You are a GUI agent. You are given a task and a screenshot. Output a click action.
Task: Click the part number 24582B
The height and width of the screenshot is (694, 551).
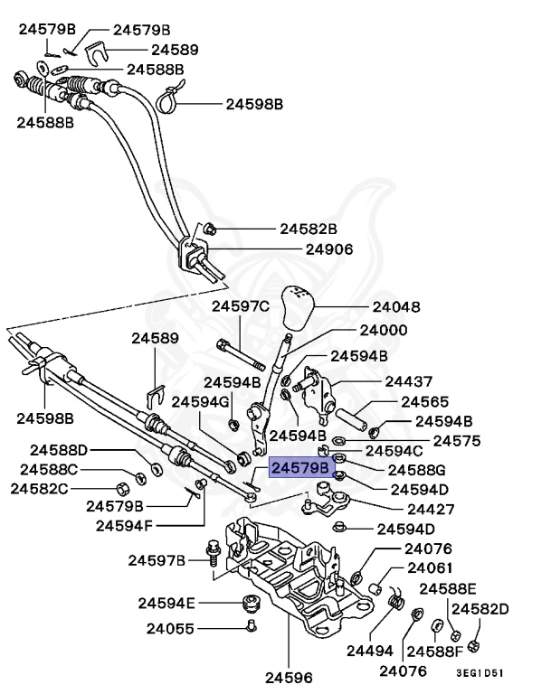click(x=307, y=229)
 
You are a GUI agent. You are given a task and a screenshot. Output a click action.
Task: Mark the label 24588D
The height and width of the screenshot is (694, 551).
click(x=59, y=449)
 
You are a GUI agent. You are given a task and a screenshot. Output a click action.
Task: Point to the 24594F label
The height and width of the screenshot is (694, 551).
click(x=126, y=525)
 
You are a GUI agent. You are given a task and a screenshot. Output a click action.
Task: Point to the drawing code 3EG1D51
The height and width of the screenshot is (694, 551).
click(x=479, y=673)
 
